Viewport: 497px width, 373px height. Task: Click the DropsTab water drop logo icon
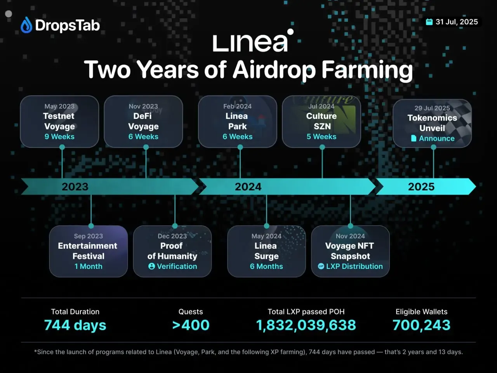click(26, 25)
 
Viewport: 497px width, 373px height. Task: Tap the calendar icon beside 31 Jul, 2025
click(429, 22)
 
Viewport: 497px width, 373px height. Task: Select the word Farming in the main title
click(367, 70)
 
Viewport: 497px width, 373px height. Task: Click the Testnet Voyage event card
click(59, 122)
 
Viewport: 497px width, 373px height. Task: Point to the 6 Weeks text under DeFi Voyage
click(143, 137)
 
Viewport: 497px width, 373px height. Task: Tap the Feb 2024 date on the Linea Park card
click(237, 106)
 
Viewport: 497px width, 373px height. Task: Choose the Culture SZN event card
click(321, 122)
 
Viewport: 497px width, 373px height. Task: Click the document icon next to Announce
click(414, 138)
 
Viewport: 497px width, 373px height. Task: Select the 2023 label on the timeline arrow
click(75, 187)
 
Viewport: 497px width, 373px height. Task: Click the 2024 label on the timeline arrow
click(248, 187)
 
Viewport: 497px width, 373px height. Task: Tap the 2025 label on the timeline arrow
click(421, 187)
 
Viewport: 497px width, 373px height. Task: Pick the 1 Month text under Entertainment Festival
click(89, 267)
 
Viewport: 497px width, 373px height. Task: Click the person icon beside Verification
click(151, 267)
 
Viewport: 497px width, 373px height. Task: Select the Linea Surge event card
click(266, 251)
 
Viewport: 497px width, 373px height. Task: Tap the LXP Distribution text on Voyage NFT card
click(354, 267)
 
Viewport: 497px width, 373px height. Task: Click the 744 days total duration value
click(75, 325)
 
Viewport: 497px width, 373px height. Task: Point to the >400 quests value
click(191, 325)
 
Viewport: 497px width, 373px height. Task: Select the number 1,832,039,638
click(306, 325)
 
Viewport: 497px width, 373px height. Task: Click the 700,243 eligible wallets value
click(421, 325)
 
